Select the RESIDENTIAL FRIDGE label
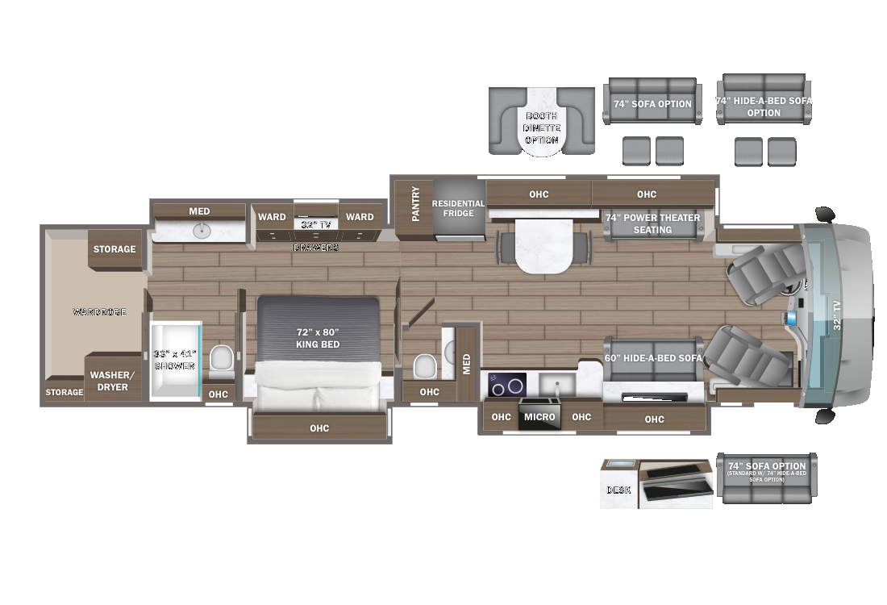pos(458,208)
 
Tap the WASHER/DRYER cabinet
pos(109,381)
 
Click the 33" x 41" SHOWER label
pos(175,360)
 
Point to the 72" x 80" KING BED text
pos(318,338)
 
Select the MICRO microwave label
pos(539,417)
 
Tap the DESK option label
pos(618,490)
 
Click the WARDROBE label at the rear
pos(99,311)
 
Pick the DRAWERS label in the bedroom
pos(316,248)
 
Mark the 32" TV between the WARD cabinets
pos(316,224)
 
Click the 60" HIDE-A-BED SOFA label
pos(654,358)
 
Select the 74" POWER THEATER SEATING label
pos(652,223)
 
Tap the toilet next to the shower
pos(220,359)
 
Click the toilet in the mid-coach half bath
pos(425,365)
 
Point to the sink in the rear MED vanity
pos(200,231)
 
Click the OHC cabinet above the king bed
pos(319,428)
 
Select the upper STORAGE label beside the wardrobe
pos(115,249)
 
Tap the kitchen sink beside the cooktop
pos(556,383)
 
